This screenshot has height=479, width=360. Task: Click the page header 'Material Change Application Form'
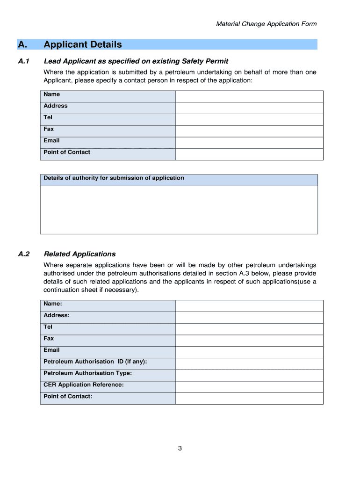[x=266, y=24]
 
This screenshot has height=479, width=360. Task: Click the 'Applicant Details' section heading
[x=82, y=44]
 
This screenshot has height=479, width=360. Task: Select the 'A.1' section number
[x=24, y=61]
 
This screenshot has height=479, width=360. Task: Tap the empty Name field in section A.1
[x=249, y=96]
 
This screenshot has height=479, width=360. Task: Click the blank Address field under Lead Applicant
[x=249, y=108]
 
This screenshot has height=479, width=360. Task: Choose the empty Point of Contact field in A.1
[x=249, y=154]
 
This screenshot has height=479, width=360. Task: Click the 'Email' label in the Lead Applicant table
[x=51, y=140]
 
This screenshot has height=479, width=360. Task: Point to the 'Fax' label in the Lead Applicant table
[x=49, y=129]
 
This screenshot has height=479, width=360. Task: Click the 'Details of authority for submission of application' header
[x=114, y=178]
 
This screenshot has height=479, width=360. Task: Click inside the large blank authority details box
[x=179, y=210]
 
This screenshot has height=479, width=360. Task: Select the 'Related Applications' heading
[x=79, y=254]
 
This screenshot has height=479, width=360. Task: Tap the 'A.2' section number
[x=24, y=254]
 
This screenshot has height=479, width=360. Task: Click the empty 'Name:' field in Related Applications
[x=249, y=306]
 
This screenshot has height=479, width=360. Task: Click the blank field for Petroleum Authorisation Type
[x=249, y=375]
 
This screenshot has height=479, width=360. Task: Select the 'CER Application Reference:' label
[x=84, y=385]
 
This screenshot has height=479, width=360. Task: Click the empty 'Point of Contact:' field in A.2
[x=249, y=399]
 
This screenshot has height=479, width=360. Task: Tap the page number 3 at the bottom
[x=180, y=449]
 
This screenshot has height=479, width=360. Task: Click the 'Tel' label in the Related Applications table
[x=48, y=327]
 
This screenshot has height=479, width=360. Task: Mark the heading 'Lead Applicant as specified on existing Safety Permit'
[x=136, y=61]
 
